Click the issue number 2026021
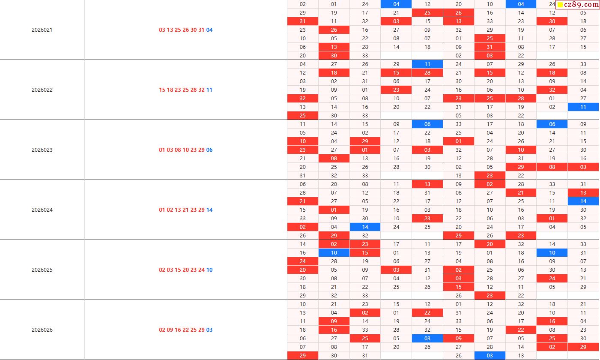[42, 30]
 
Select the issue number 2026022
[42, 90]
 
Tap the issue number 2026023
[42, 150]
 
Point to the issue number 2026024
[42, 210]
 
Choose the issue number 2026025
[42, 270]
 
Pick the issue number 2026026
[42, 330]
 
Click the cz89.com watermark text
[581, 5]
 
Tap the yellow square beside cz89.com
[560, 5]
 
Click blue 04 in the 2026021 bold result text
[209, 30]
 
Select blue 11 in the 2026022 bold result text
[209, 90]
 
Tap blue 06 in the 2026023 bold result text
[209, 150]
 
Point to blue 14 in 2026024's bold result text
[209, 210]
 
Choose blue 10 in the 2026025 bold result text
[209, 270]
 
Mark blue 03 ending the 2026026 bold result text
[209, 330]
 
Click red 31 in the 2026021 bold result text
[201, 30]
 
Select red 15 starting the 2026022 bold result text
[162, 90]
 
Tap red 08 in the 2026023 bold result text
[178, 150]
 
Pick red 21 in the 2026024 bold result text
[185, 210]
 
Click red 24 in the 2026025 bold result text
[201, 270]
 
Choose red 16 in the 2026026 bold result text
[178, 330]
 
